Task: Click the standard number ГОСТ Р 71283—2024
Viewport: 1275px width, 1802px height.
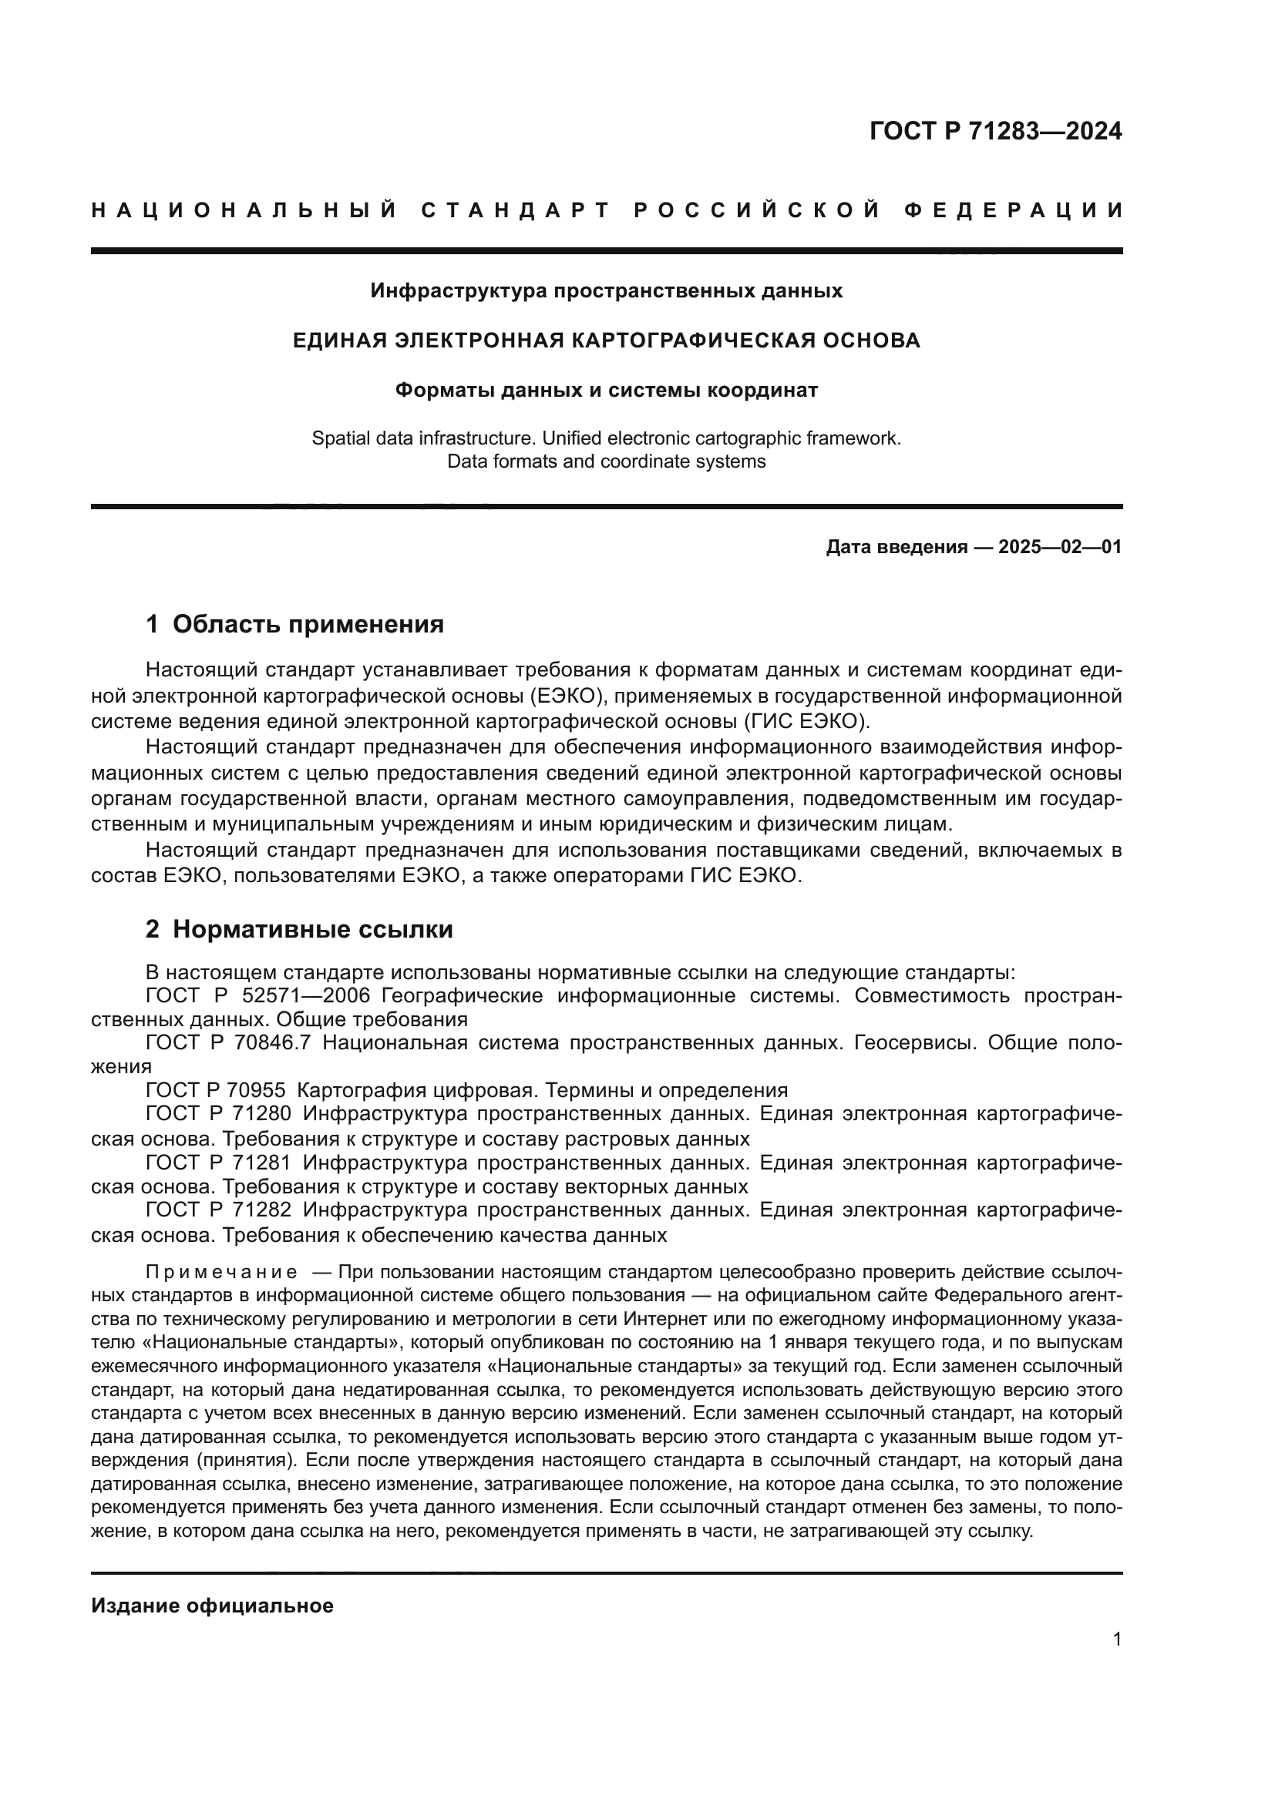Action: pos(995,131)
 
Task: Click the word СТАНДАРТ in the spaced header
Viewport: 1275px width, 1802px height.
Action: pos(516,210)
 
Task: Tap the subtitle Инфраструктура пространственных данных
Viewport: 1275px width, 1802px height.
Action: pos(606,291)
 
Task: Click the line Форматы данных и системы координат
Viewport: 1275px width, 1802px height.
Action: pos(606,390)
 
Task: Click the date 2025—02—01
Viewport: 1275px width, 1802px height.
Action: pos(1059,547)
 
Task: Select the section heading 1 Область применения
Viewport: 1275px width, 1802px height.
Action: pos(294,624)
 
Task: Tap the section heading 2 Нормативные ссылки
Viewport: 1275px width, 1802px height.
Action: pos(299,929)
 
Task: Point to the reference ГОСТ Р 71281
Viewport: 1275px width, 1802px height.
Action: pos(218,1163)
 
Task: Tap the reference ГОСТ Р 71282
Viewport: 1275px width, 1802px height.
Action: pos(218,1210)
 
